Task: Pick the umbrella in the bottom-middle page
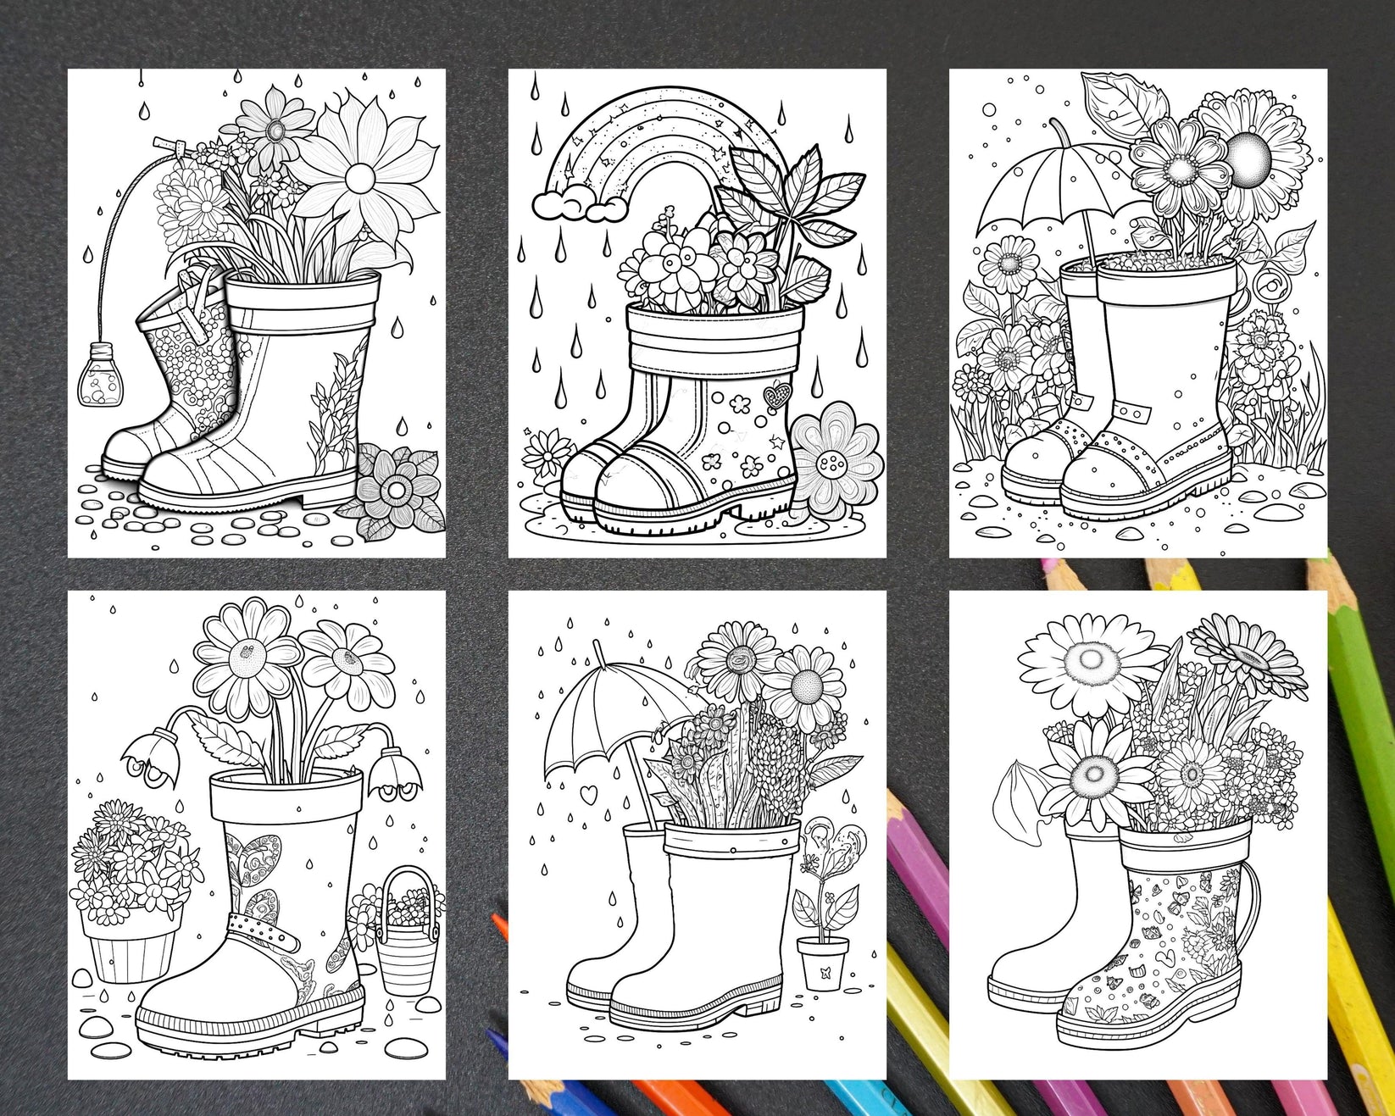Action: click(x=603, y=702)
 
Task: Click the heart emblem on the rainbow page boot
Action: click(x=773, y=395)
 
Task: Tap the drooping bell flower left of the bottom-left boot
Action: click(x=148, y=749)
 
